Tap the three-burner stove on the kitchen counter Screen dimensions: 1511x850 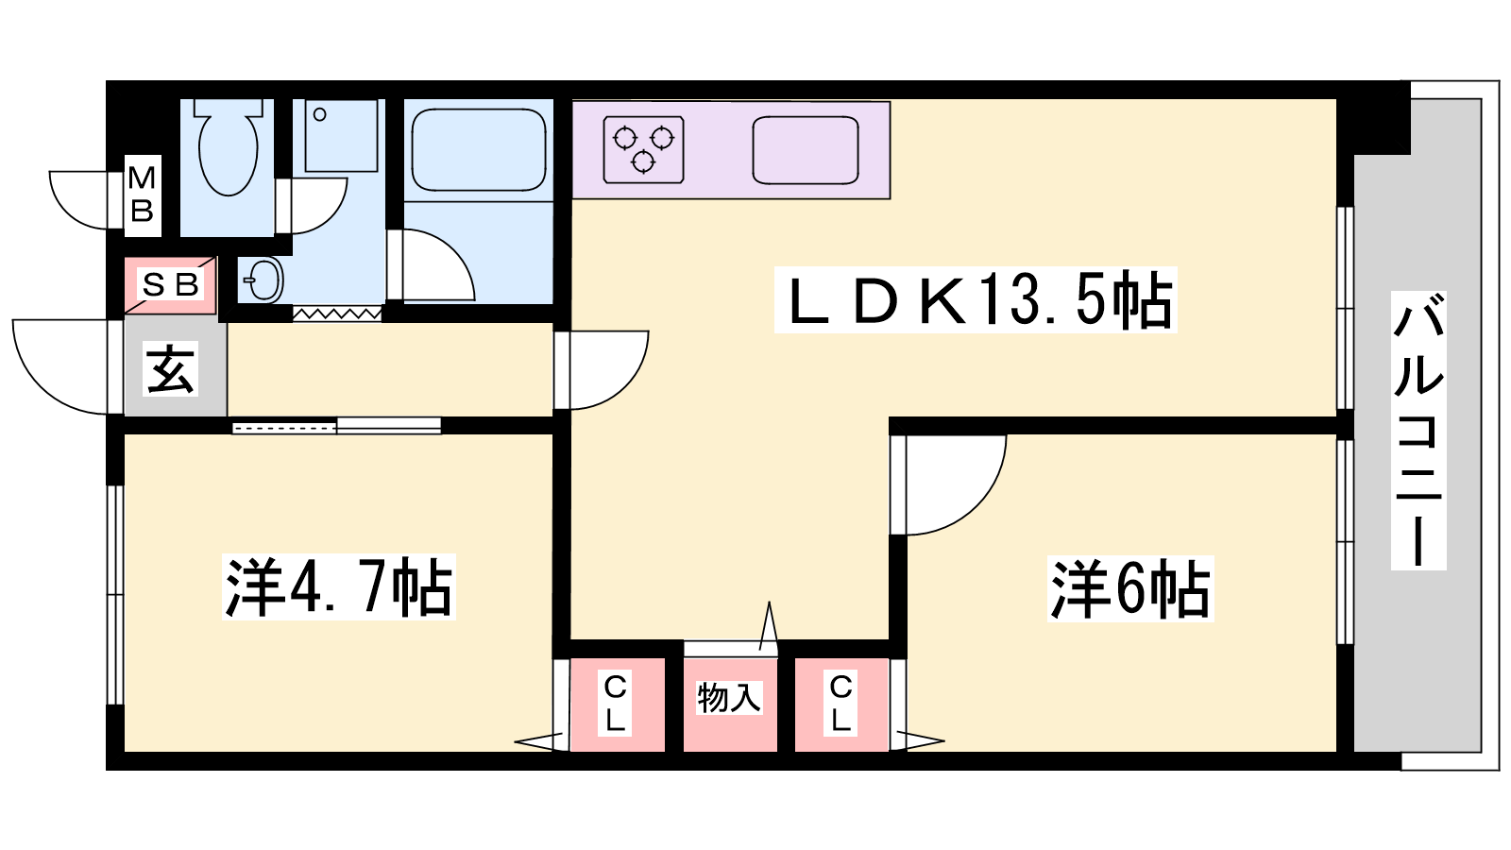(x=643, y=150)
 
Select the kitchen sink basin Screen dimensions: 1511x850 (x=806, y=150)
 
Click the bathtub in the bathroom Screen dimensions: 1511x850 (x=478, y=150)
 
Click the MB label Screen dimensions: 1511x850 (x=143, y=195)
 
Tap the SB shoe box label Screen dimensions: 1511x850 (x=170, y=284)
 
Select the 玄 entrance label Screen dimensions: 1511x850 (x=171, y=369)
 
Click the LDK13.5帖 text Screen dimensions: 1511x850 (x=976, y=299)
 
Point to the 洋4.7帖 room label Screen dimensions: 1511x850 (x=339, y=586)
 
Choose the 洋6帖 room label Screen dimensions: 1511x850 (x=1129, y=588)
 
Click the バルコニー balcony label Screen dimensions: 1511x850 (x=1418, y=431)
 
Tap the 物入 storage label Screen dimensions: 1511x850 (x=729, y=698)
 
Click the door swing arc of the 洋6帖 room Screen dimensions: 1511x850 (x=978, y=506)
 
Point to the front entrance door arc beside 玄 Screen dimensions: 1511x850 (x=42, y=383)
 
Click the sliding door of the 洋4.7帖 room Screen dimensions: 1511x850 (x=336, y=426)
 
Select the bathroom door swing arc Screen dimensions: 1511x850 (x=451, y=254)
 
